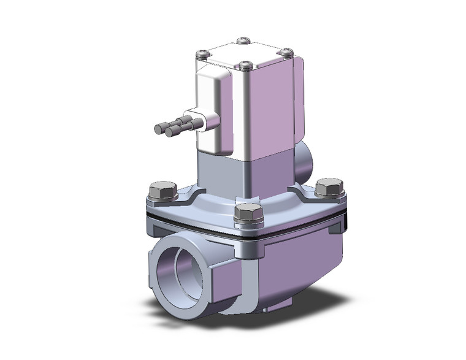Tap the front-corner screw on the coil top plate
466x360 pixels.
246,64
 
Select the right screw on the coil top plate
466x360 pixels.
285,53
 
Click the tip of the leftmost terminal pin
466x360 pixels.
158,129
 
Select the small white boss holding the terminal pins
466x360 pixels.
200,118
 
